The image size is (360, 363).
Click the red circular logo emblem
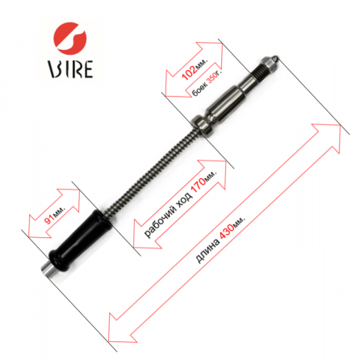tap(70, 37)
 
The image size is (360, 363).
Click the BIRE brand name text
tap(70, 69)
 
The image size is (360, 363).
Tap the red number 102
tap(190, 73)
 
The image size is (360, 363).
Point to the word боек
tap(199, 90)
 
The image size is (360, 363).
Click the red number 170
tap(199, 186)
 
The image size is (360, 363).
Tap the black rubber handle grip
tap(81, 240)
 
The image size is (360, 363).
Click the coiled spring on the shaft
tap(152, 172)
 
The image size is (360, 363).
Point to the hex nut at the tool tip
tap(269, 65)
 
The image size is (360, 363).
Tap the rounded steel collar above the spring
tap(203, 125)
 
